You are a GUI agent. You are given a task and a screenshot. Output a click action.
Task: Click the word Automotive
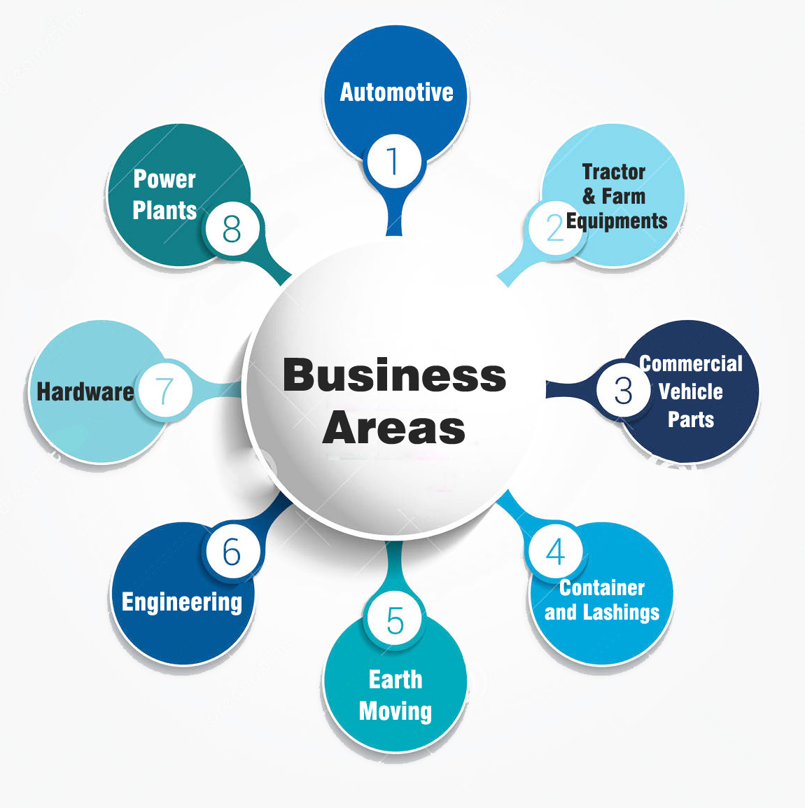click(396, 92)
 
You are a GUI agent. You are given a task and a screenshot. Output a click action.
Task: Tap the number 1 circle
click(394, 161)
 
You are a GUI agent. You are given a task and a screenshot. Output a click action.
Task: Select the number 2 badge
click(556, 228)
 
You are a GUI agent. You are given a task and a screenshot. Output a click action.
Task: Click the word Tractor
click(614, 172)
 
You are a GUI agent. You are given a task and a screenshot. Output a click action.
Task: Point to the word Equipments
click(617, 221)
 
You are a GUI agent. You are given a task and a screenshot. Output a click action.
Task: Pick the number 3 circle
click(623, 391)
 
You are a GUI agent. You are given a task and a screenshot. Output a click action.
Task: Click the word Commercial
click(691, 363)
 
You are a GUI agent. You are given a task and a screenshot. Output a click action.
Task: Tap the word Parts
click(691, 419)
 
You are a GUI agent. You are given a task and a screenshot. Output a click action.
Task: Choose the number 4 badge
click(556, 552)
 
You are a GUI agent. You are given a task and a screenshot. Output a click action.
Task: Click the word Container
click(602, 587)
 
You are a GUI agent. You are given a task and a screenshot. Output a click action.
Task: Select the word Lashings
click(622, 613)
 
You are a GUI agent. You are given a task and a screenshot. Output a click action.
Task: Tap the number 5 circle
click(395, 620)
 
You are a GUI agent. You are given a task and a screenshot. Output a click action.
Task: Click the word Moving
click(395, 711)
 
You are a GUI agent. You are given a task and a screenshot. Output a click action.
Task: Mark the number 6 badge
click(232, 552)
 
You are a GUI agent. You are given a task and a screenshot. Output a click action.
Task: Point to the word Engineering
click(182, 602)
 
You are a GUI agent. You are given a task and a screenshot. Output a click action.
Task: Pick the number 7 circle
click(164, 391)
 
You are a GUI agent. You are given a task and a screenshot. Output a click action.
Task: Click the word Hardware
click(85, 391)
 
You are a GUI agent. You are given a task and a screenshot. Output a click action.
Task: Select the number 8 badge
click(232, 228)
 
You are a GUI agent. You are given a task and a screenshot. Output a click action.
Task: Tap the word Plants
click(164, 210)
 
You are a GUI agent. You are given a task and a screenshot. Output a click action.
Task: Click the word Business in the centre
click(394, 375)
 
